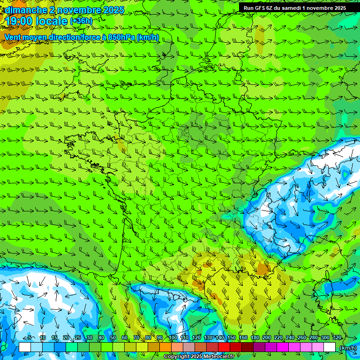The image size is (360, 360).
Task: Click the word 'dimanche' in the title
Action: pos(24,10)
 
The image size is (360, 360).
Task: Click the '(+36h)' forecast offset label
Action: pos(81,21)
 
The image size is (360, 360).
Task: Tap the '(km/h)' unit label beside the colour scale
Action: pos(347,347)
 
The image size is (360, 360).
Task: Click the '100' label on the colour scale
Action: pos(172,337)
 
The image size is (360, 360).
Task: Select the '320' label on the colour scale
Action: pos(337,337)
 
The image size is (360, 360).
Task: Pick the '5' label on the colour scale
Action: pos(30,337)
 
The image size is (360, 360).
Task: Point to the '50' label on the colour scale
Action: pos(112,337)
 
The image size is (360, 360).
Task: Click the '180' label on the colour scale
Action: pos(255,337)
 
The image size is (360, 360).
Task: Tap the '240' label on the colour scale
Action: pos(290,337)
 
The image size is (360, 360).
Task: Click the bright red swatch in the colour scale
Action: pos(224,347)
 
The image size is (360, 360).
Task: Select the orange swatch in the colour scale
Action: pos(165,347)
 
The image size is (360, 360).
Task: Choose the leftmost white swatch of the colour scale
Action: pos(24,347)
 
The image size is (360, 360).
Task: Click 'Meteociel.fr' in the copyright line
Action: pos(219,357)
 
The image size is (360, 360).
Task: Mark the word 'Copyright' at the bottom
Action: pos(177,357)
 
